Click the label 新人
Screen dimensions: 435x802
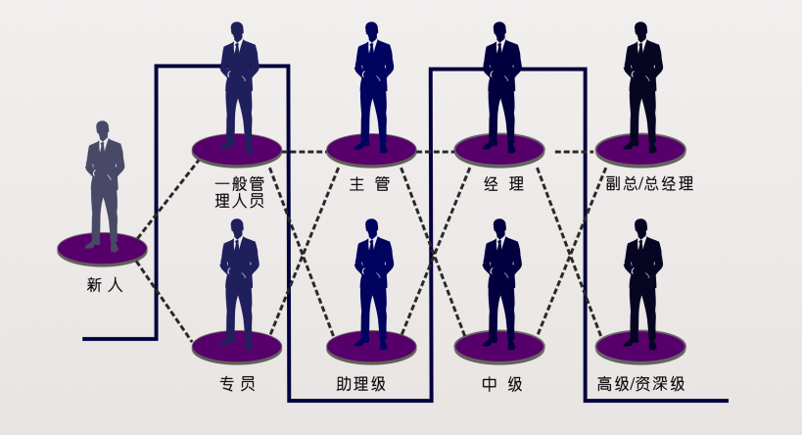click(104, 286)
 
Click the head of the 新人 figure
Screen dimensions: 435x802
click(103, 129)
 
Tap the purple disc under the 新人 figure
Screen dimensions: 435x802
click(102, 249)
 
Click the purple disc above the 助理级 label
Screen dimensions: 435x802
click(372, 346)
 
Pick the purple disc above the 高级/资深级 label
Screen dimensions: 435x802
click(641, 346)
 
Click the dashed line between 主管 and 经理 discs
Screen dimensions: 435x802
click(436, 152)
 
